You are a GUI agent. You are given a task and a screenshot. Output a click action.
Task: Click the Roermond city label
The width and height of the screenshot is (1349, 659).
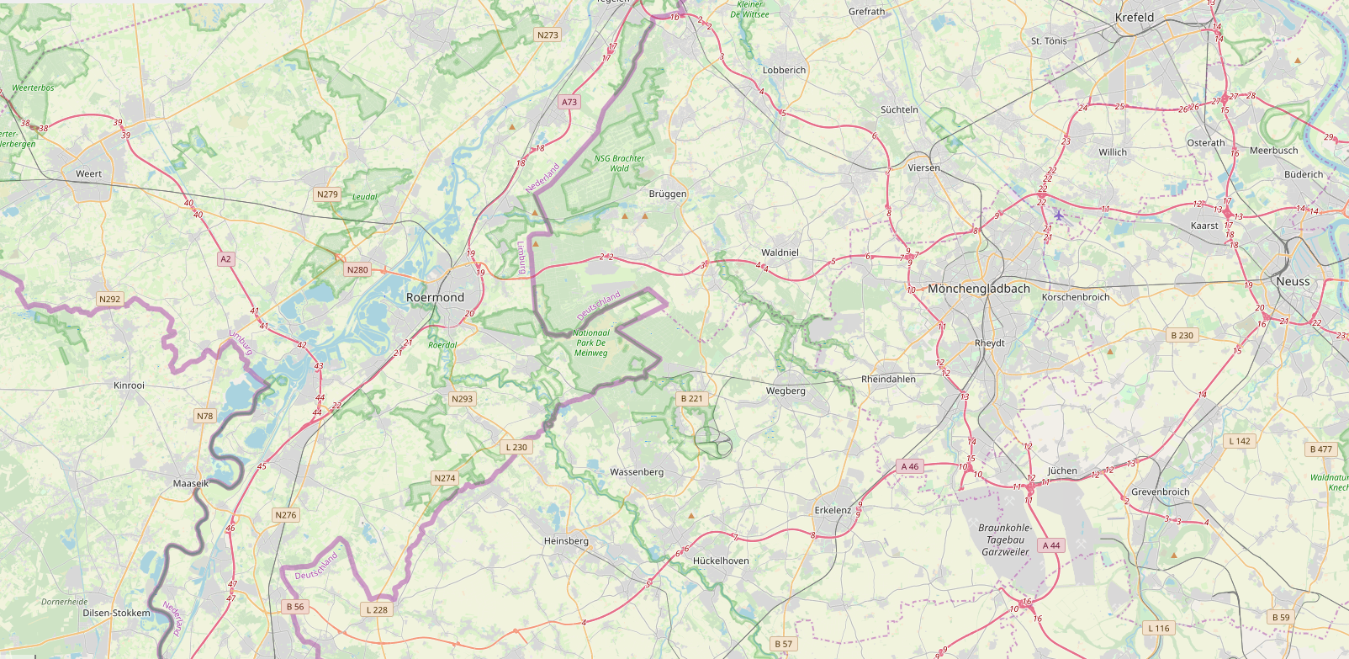(435, 297)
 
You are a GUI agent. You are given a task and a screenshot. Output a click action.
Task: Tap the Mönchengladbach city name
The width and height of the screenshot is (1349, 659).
(978, 289)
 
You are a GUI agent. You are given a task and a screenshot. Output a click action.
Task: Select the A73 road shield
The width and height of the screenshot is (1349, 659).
(569, 102)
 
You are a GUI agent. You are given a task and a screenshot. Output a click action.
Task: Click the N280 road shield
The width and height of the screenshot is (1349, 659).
(357, 270)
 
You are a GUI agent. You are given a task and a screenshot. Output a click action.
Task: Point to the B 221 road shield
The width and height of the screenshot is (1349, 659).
(692, 399)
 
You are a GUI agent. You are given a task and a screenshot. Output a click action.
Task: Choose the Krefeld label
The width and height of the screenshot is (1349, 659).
(1134, 17)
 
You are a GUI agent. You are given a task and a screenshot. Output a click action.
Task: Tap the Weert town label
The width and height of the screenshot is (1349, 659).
(88, 174)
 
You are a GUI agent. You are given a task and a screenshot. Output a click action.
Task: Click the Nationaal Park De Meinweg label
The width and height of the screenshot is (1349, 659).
(591, 343)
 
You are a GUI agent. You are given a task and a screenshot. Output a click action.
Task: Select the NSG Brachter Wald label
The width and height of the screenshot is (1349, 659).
(619, 163)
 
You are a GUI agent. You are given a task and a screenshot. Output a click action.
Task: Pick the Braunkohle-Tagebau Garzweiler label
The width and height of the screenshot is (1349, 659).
(1005, 539)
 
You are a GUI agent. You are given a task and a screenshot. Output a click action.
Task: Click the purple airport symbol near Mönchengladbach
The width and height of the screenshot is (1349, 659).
(1058, 215)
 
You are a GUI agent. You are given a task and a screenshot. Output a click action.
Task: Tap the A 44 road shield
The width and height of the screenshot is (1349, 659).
(1051, 545)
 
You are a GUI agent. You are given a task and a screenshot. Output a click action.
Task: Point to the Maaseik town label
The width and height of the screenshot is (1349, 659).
(190, 484)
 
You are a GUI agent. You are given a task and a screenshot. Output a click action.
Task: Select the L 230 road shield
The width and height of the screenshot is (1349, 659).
(516, 447)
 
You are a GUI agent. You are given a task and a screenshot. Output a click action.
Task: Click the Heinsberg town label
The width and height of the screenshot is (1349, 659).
(566, 541)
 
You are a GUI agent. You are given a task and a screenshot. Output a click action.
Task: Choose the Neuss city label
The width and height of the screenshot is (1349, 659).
(1293, 281)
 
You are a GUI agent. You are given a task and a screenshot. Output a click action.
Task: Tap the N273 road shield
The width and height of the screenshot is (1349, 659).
(548, 35)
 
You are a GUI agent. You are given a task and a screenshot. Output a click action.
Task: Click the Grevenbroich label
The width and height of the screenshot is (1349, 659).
(1160, 492)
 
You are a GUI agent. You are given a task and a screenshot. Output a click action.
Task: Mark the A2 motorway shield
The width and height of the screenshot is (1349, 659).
(225, 259)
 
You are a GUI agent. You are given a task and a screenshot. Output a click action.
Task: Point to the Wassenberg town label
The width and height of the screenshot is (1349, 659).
(637, 472)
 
